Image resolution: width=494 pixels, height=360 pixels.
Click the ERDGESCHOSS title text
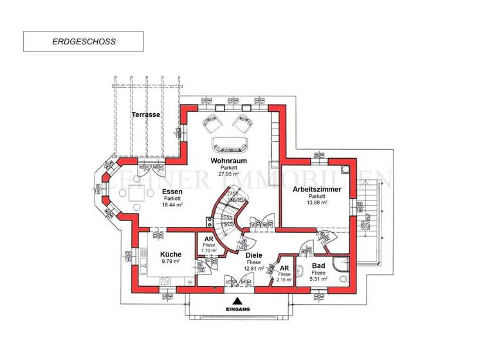[84, 41]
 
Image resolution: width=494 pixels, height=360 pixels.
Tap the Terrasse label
[146, 114]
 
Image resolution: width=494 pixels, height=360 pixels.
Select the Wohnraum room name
[228, 160]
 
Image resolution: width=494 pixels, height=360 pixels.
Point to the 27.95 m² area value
[228, 174]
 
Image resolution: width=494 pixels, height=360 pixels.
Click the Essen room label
[172, 191]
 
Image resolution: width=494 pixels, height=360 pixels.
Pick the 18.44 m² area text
[172, 204]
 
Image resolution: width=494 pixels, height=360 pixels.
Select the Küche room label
[170, 254]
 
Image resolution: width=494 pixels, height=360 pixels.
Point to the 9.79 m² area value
[170, 262]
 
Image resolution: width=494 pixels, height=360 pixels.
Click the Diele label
[253, 255]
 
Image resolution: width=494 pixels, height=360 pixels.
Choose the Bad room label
[318, 265]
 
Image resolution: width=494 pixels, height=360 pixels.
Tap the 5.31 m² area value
[318, 280]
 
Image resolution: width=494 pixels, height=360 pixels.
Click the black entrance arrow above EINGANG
[237, 300]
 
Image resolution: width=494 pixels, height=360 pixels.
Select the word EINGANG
[237, 310]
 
